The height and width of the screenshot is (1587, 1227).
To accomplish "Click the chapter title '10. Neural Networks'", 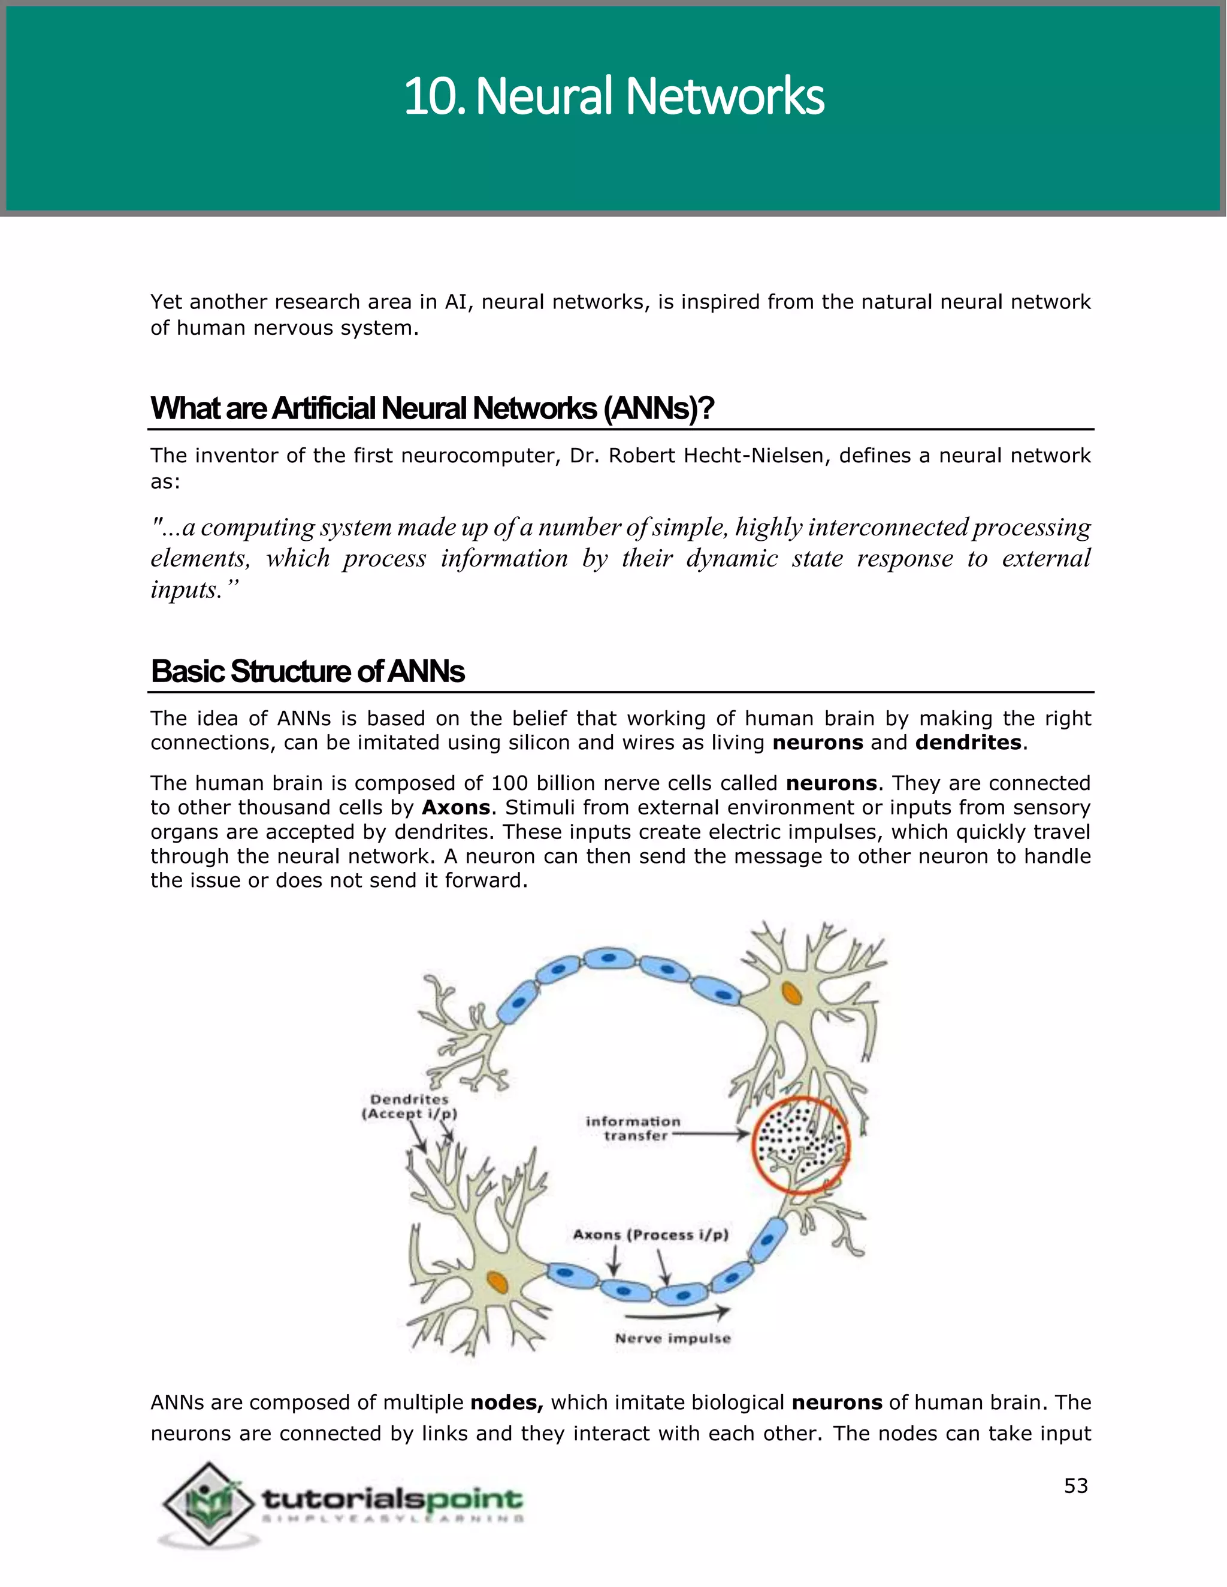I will point(613,96).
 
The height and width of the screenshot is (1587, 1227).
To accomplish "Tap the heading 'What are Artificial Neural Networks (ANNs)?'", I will point(432,408).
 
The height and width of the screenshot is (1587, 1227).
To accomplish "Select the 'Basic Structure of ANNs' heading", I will point(307,671).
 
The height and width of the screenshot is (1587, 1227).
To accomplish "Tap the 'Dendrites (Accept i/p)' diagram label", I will point(409,1107).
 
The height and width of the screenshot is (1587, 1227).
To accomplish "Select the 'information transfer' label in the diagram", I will point(633,1128).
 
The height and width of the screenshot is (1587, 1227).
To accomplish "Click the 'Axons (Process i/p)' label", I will point(651,1235).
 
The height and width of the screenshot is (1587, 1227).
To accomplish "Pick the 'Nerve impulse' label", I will point(672,1338).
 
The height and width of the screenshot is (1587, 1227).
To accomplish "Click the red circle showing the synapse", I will point(800,1145).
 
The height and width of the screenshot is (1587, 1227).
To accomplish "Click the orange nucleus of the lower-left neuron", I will point(497,1282).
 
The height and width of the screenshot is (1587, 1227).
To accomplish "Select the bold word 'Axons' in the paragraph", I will point(457,807).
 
